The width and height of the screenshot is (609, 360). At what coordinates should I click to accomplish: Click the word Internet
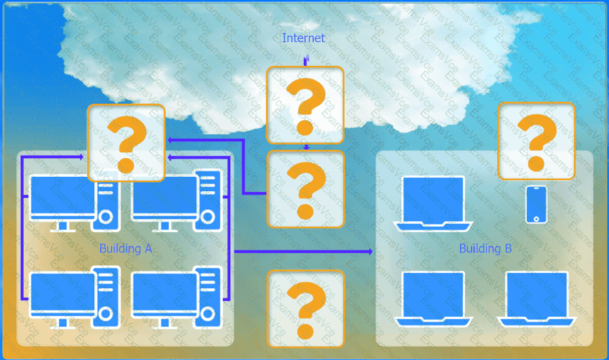point(303,38)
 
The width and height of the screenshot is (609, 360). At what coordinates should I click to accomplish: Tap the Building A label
point(126,248)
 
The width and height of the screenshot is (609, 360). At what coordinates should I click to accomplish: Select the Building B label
point(485,248)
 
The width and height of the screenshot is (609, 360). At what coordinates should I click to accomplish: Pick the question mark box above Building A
point(126,143)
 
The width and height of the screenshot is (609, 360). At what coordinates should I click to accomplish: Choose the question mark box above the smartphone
point(536,141)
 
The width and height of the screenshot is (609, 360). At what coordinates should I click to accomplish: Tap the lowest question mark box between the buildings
point(305,308)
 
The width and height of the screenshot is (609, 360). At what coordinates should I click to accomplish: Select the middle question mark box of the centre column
point(305,188)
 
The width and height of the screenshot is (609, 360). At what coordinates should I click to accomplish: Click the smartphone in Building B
point(536,204)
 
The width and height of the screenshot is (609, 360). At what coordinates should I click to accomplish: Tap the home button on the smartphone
point(536,218)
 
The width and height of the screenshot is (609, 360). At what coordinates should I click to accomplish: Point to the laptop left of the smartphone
point(433,203)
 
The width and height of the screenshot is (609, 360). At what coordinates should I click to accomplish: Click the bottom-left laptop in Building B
point(433,299)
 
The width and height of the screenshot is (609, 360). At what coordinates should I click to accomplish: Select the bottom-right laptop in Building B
point(536,299)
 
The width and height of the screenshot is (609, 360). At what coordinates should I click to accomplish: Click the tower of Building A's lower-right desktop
point(208,296)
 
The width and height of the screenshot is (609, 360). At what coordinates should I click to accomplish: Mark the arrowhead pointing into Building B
point(370,252)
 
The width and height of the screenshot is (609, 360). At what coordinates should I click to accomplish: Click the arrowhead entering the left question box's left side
point(81,157)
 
